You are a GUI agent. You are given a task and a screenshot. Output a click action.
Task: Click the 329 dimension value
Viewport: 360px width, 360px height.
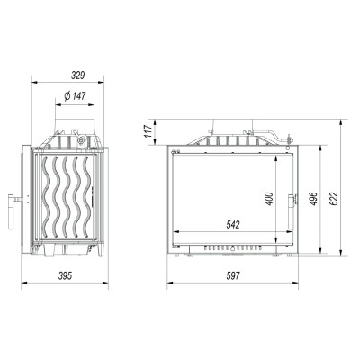pos(78,76)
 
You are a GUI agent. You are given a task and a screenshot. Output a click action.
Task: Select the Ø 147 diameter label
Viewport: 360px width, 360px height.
pos(75,96)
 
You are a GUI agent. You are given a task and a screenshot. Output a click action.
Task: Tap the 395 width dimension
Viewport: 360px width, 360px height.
pos(65,275)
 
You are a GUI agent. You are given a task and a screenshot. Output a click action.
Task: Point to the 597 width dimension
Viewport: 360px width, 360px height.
pos(233,275)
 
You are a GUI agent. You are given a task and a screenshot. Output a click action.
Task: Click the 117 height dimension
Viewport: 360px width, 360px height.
pos(148,131)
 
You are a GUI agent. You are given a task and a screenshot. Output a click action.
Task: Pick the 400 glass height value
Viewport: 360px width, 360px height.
pos(269,199)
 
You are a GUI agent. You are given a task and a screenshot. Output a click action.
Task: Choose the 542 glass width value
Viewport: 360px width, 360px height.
pos(233,224)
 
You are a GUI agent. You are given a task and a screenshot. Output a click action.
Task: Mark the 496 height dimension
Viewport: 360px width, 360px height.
pos(313,199)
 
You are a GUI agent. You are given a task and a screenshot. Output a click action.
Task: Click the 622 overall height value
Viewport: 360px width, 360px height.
pos(334,199)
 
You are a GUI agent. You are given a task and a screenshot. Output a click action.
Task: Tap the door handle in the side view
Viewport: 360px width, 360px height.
pos(13,211)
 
